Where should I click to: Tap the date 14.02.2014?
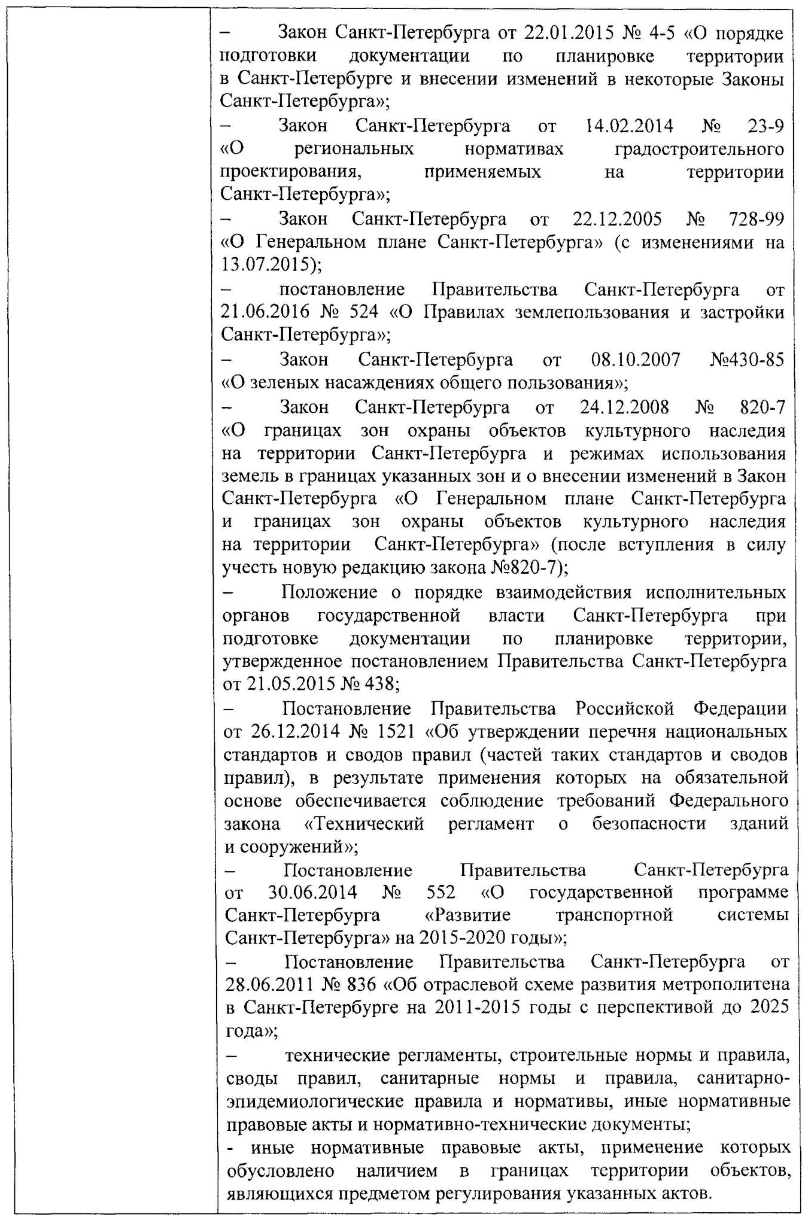pyautogui.click(x=629, y=126)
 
